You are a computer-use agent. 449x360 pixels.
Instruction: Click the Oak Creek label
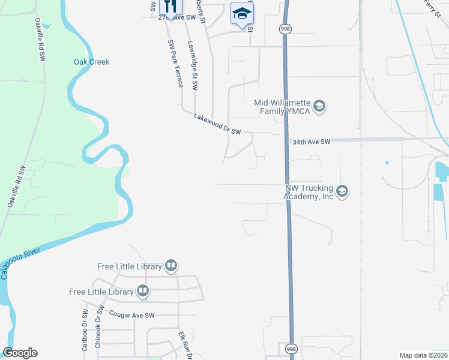coord(91,62)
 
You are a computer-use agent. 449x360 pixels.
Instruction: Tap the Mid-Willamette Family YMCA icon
coord(319,107)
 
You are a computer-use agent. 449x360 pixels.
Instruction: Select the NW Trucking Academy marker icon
coord(342,192)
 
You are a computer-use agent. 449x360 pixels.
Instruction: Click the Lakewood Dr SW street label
coord(217,124)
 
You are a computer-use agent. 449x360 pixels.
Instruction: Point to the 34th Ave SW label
coord(311,142)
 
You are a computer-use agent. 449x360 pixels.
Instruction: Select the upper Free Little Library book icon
coord(171,266)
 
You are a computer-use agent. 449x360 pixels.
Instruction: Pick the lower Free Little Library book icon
coord(143,292)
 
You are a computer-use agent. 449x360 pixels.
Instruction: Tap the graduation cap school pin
coord(242,14)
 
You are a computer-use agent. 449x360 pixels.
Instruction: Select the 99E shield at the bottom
coord(289,348)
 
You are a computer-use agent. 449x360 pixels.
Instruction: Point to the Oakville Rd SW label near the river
coord(16,186)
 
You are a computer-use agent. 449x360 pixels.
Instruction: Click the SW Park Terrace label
coord(175,64)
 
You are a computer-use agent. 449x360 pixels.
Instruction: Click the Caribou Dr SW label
coord(85,330)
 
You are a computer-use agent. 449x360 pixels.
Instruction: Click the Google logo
coord(20,353)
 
